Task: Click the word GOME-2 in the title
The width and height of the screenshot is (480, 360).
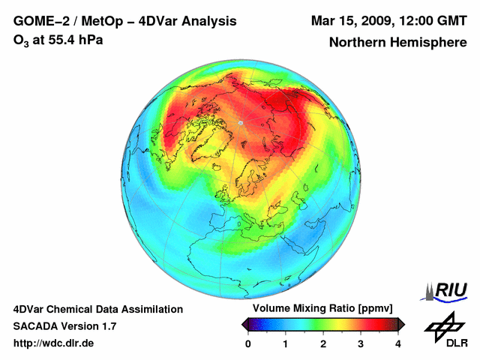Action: click(x=39, y=20)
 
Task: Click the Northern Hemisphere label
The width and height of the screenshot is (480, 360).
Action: click(x=397, y=43)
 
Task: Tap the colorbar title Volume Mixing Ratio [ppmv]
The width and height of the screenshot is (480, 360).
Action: click(x=322, y=308)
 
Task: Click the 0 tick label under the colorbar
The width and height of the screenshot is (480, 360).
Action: click(x=248, y=344)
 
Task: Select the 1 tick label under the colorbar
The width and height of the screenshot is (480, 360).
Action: click(x=286, y=344)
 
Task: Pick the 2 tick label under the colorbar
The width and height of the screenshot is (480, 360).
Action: click(x=323, y=344)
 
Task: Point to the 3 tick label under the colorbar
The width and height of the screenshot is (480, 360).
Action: click(x=361, y=344)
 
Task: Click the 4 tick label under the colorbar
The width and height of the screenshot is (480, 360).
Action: click(x=398, y=344)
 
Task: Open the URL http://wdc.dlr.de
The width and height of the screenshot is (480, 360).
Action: click(x=54, y=343)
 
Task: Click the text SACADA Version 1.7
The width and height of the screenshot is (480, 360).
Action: click(x=64, y=326)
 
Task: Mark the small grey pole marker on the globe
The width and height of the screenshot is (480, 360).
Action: click(x=240, y=122)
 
